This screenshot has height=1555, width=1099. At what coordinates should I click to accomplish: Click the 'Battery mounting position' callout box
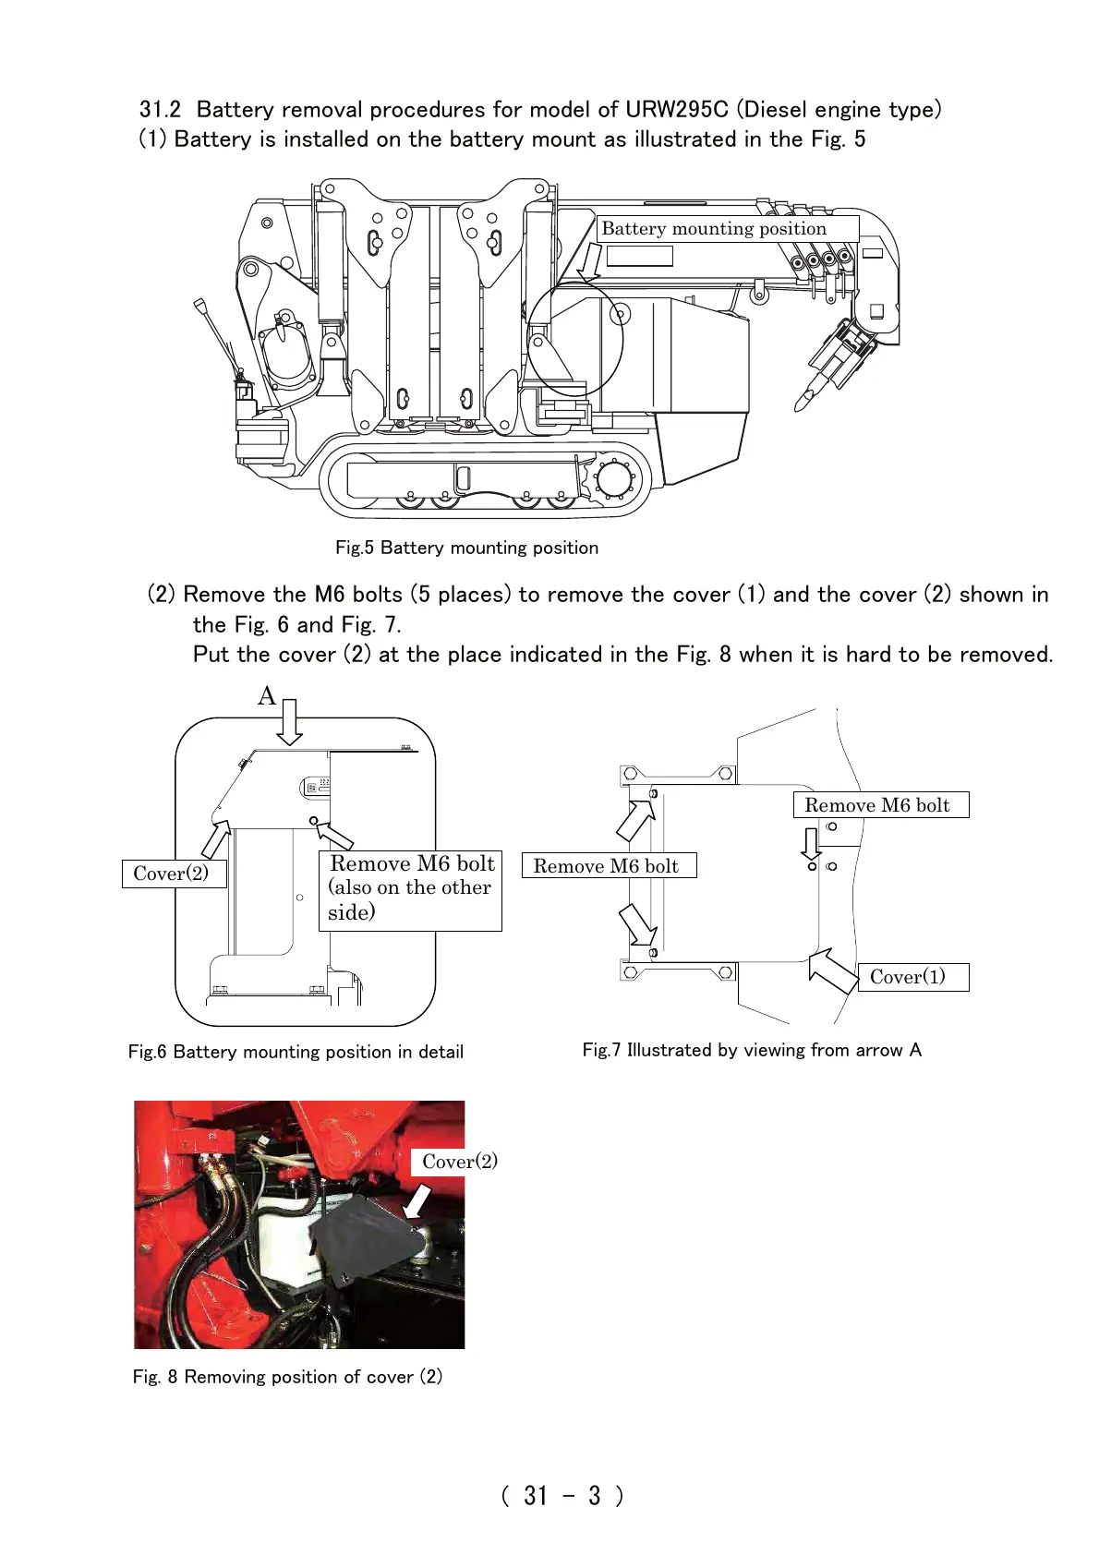(727, 229)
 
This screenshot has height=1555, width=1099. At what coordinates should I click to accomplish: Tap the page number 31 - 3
(562, 1495)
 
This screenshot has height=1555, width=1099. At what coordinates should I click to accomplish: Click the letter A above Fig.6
(267, 695)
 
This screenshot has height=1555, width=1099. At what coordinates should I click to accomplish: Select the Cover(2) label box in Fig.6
(174, 874)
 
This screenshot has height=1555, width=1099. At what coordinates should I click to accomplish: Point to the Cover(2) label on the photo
(459, 1162)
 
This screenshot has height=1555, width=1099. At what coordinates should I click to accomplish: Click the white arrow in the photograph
(417, 1202)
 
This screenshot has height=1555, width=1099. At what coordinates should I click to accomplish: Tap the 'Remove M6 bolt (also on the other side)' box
(410, 889)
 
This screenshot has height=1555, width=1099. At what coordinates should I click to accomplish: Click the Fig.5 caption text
(466, 548)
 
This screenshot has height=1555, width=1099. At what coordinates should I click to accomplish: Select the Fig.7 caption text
(751, 1050)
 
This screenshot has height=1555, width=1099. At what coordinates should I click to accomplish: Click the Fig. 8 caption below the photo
(287, 1377)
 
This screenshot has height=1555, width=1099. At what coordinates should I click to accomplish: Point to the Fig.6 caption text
(296, 1052)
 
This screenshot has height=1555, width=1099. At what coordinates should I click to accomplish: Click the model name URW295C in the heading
(676, 110)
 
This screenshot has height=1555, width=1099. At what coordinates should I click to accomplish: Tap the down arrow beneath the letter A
(290, 721)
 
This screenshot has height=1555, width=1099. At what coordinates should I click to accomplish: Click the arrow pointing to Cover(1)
(832, 970)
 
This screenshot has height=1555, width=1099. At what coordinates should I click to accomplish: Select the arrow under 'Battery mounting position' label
(590, 263)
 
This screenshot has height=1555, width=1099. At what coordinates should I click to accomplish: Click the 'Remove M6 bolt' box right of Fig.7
(880, 805)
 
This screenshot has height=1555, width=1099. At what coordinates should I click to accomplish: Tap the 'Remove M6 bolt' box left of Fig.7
(609, 866)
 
